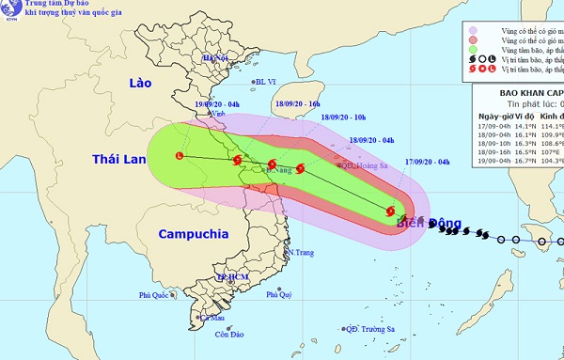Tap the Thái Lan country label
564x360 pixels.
118,160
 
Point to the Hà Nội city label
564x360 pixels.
216,58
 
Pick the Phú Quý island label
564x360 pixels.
279,294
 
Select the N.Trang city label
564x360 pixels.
301,253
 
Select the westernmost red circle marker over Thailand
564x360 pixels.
180,155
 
